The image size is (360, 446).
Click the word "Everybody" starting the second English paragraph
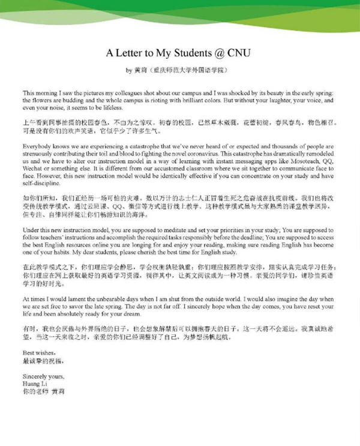click(x=36, y=147)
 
